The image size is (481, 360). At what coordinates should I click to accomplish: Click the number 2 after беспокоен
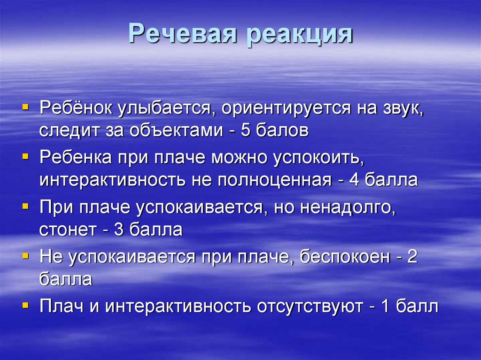click(x=412, y=256)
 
